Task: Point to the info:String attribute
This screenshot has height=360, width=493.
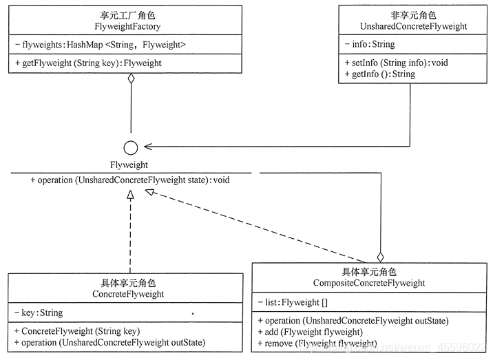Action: tap(370, 45)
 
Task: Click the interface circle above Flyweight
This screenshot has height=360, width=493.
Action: tap(130, 147)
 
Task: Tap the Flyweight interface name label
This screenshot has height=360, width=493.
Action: tap(129, 165)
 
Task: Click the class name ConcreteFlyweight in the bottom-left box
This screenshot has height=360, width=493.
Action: tap(128, 294)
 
